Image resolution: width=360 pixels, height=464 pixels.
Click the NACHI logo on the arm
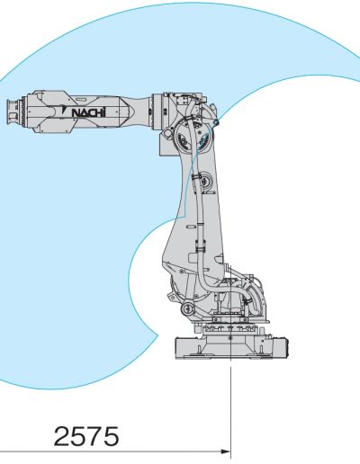click(89, 112)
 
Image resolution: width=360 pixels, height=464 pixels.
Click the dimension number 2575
click(86, 436)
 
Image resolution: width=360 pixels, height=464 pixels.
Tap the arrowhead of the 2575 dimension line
click(225, 451)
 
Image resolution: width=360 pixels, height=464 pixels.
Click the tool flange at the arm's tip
click(13, 112)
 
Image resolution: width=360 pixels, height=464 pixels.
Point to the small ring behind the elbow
click(216, 121)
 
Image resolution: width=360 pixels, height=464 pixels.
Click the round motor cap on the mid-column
click(206, 181)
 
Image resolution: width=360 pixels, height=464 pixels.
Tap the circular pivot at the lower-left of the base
click(188, 308)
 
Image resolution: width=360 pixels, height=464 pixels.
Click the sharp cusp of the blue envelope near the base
click(157, 335)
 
